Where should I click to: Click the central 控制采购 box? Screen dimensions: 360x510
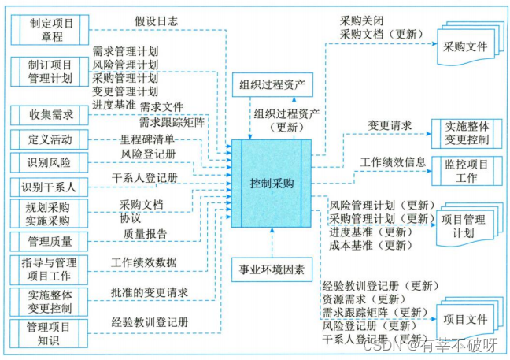271,183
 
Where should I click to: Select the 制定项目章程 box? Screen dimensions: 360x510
51,31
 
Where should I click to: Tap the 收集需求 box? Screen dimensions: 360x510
51,115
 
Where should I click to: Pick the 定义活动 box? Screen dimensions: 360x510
51,139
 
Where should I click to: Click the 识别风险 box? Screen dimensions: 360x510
51,163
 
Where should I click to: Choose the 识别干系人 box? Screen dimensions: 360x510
51,187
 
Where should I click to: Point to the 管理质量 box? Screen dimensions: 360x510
51,239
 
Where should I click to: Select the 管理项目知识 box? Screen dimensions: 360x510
51,332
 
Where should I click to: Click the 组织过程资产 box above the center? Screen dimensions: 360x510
272,84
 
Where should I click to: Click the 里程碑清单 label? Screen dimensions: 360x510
148,139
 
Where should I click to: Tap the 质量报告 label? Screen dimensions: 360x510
145,233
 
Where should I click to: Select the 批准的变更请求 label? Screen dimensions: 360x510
150,292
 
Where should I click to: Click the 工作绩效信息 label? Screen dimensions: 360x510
394,161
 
